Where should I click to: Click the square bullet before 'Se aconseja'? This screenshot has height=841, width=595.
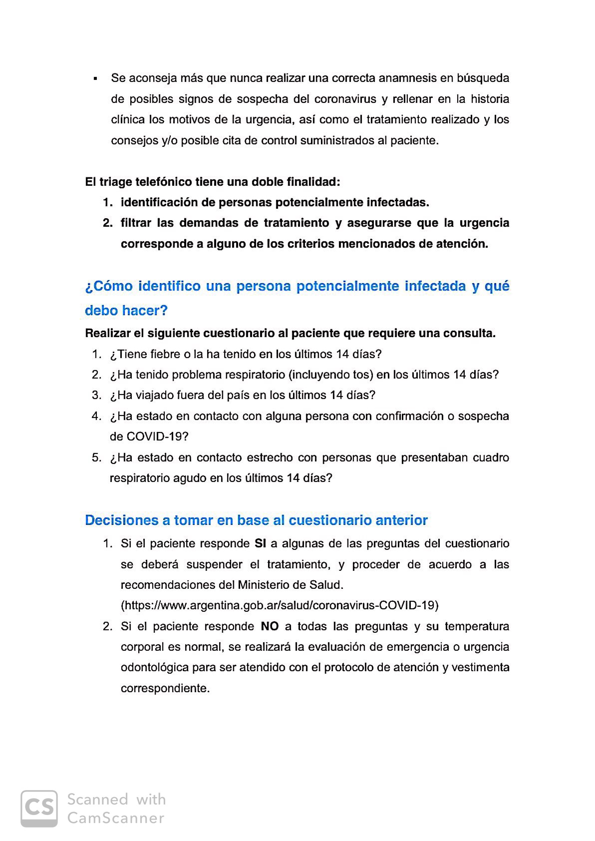click(x=95, y=79)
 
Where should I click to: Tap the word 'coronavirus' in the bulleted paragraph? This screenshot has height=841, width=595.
click(x=345, y=99)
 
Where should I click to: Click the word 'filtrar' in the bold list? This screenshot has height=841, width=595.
click(x=136, y=223)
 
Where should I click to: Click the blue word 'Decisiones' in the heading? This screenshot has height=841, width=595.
click(x=121, y=520)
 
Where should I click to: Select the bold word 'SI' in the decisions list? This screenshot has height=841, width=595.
click(x=260, y=543)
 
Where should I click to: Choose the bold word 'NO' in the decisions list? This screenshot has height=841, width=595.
click(x=270, y=626)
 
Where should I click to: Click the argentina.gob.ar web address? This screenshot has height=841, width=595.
click(x=280, y=605)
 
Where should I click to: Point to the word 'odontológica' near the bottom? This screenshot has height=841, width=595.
click(x=154, y=668)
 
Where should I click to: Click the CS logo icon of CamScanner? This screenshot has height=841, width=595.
click(x=39, y=809)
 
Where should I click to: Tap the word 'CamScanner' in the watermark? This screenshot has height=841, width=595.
click(x=116, y=818)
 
